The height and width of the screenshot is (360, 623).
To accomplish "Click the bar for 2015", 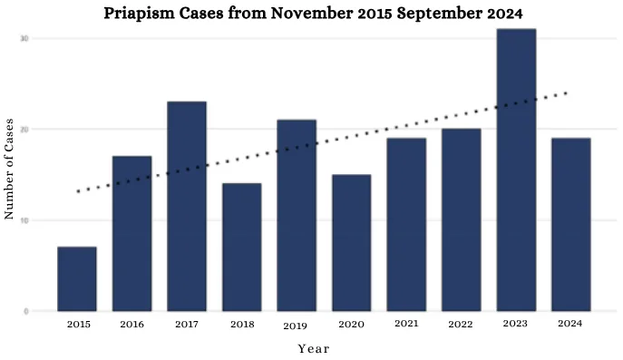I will point(77,279).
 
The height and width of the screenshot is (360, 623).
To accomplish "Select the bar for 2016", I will point(132,234).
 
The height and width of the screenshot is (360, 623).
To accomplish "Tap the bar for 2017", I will point(187,207).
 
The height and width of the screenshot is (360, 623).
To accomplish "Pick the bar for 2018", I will point(242,248).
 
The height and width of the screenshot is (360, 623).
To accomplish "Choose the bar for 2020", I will point(352,243).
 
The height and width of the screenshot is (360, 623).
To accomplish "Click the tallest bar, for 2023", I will point(516,170).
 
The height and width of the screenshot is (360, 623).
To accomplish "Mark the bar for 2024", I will point(571,225).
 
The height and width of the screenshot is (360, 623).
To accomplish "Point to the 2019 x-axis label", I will point(297,325).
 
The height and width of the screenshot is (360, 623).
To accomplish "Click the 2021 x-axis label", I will point(406,324).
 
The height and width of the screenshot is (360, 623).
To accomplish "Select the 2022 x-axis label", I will point(462,324).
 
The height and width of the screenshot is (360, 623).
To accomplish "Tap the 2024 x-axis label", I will point(571,324).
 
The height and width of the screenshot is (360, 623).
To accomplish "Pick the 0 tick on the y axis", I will point(26,312).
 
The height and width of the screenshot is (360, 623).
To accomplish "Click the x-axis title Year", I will point(314,348).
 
